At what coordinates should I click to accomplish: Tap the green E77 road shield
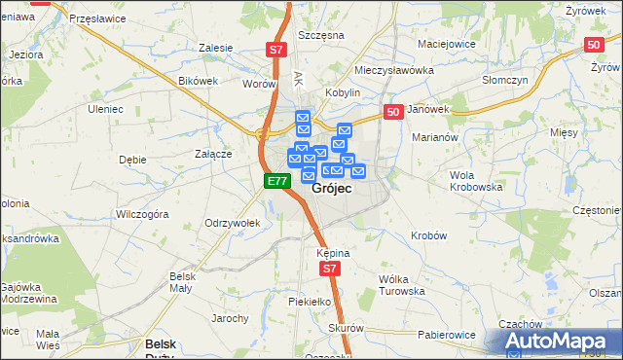pos(276,181)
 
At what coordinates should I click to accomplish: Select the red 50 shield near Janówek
pos(393,113)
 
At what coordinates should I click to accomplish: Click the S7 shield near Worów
pos(277,50)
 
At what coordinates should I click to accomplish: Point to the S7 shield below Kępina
pos(331,269)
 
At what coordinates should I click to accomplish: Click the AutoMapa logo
pos(559,341)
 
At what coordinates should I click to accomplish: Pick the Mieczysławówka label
pos(393,70)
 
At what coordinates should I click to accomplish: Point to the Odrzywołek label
pos(232,223)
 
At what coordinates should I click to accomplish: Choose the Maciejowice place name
pos(445,44)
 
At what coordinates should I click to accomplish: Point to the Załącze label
pos(212,154)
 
